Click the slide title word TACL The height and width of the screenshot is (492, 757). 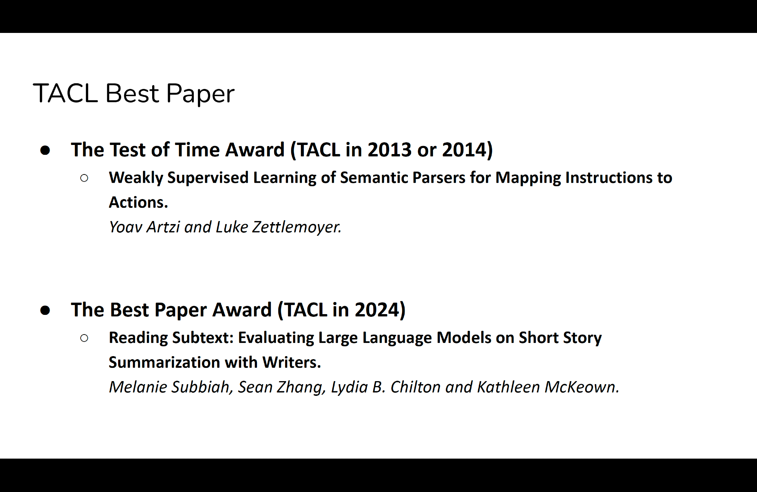point(66,93)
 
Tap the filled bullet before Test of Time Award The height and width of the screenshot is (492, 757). point(45,150)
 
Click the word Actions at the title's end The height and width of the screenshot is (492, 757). point(138,202)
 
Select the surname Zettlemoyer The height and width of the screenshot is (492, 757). point(297,227)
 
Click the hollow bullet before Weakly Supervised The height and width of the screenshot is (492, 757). point(84,178)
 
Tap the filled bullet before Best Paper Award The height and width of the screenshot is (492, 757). point(45,310)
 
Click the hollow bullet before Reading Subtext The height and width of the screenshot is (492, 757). point(84,338)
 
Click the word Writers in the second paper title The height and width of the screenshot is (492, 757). point(291,363)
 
